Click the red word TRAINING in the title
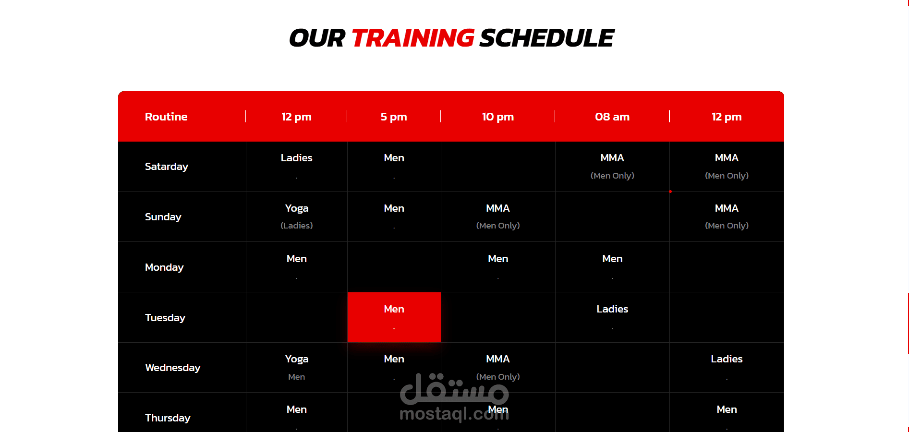pos(412,38)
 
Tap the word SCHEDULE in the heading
pos(546,38)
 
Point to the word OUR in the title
pos(317,38)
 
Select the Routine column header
pos(166,117)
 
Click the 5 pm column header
pos(394,117)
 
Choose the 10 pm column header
pos(498,117)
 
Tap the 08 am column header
pos(612,117)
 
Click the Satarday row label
pos(167,167)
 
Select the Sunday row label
pos(163,217)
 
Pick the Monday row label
pos(164,267)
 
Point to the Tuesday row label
pos(165,318)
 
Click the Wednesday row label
pos(173,368)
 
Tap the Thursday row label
pos(168,418)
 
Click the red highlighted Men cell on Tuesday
pos(394,317)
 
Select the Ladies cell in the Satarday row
pos(297,158)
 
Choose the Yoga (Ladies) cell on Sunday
pos(297,216)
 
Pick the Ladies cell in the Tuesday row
pos(612,309)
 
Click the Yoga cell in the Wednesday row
pos(297,360)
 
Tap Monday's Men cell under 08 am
pos(612,259)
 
